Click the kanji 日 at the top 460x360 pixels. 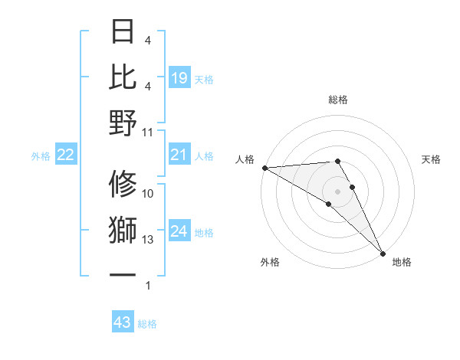123,32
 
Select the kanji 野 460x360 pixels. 123,122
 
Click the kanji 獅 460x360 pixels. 123,231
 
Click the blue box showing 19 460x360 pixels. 179,77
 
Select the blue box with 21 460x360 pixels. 179,155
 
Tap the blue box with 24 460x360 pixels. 179,231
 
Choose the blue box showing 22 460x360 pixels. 66,155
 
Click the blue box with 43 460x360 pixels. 123,322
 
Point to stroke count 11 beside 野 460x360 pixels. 148,132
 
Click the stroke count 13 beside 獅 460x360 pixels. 148,240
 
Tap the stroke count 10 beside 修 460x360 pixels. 148,194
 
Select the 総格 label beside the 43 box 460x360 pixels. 147,324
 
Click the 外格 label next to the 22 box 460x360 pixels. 41,156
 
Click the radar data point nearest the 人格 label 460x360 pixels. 264,168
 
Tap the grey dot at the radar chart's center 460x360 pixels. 337,191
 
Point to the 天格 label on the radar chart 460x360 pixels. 432,159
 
